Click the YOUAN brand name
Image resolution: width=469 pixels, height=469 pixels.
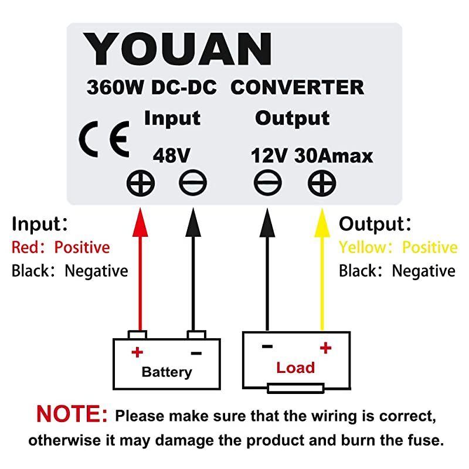pos(178,49)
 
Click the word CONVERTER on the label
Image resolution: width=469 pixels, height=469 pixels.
pos(297,87)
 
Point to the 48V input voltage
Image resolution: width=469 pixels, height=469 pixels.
pos(172,156)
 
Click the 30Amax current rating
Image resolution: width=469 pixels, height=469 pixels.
pos(334,156)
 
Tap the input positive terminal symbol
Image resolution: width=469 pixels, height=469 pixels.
pos(141,184)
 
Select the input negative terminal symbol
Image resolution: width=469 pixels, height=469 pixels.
pos(192,184)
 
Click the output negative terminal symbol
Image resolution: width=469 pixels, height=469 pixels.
pos(268,184)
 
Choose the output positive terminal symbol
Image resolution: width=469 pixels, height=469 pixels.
pos(322,184)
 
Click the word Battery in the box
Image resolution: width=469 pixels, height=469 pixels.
pos(166,372)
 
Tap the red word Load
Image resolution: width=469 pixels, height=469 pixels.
pos(295,368)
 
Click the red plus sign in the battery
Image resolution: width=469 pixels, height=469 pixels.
pos(137,352)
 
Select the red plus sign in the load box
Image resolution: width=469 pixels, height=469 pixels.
pos(325,348)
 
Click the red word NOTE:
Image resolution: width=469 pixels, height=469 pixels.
pos(72,414)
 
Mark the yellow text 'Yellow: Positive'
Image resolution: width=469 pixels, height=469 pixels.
pos(397,247)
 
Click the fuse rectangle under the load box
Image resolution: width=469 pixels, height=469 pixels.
pos(295,388)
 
